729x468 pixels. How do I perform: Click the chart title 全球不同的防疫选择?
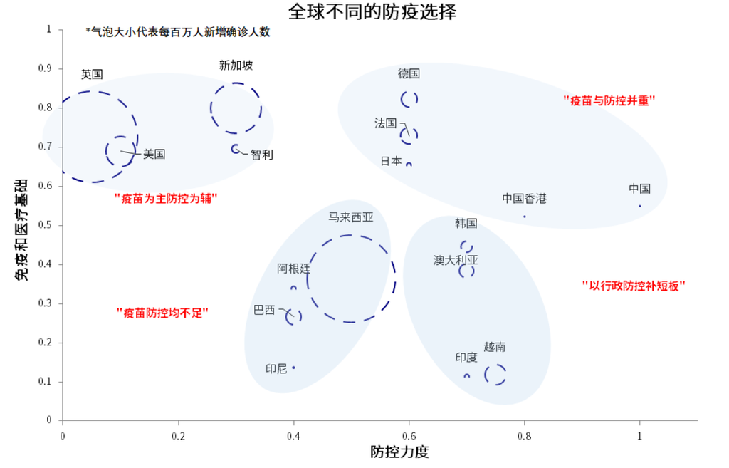(x=372, y=11)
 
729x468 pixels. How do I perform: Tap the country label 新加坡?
(x=236, y=66)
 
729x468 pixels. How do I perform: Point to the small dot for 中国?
(x=640, y=206)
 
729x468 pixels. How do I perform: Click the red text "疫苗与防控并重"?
(x=609, y=100)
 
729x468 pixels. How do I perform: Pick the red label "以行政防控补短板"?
(x=634, y=285)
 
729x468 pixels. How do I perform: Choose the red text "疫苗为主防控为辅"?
(x=165, y=199)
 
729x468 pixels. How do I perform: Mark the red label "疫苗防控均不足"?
(x=162, y=313)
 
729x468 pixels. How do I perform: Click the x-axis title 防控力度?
(x=399, y=451)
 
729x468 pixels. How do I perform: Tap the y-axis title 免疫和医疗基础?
(x=21, y=230)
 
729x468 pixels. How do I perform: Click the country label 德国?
(x=409, y=73)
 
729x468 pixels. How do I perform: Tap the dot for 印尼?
(x=293, y=368)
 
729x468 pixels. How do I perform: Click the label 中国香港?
(x=525, y=199)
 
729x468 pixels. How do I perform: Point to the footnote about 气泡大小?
(x=178, y=31)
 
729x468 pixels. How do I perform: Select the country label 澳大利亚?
(x=456, y=260)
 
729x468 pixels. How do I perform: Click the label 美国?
(x=154, y=154)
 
